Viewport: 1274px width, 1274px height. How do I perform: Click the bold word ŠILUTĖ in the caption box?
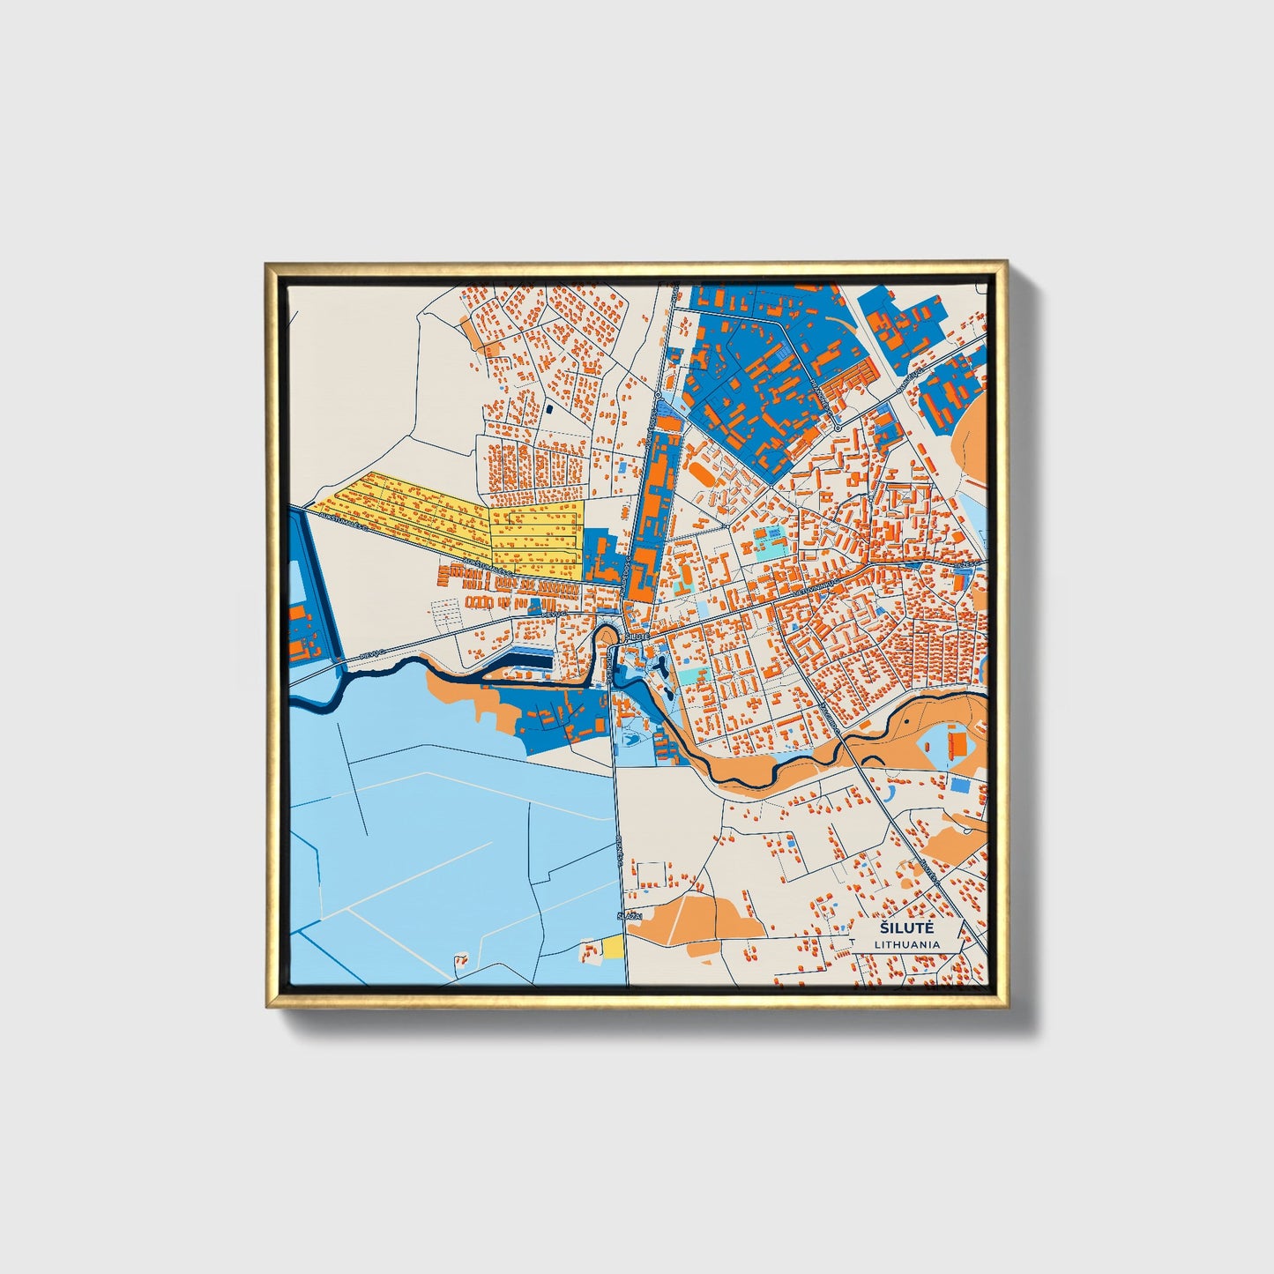click(x=906, y=928)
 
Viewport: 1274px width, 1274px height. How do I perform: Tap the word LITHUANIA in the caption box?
click(x=907, y=944)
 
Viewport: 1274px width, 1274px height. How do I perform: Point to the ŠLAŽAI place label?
click(x=628, y=918)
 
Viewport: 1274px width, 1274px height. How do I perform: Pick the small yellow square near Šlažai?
click(x=613, y=947)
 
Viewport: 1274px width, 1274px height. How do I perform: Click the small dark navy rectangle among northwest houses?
click(x=548, y=408)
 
